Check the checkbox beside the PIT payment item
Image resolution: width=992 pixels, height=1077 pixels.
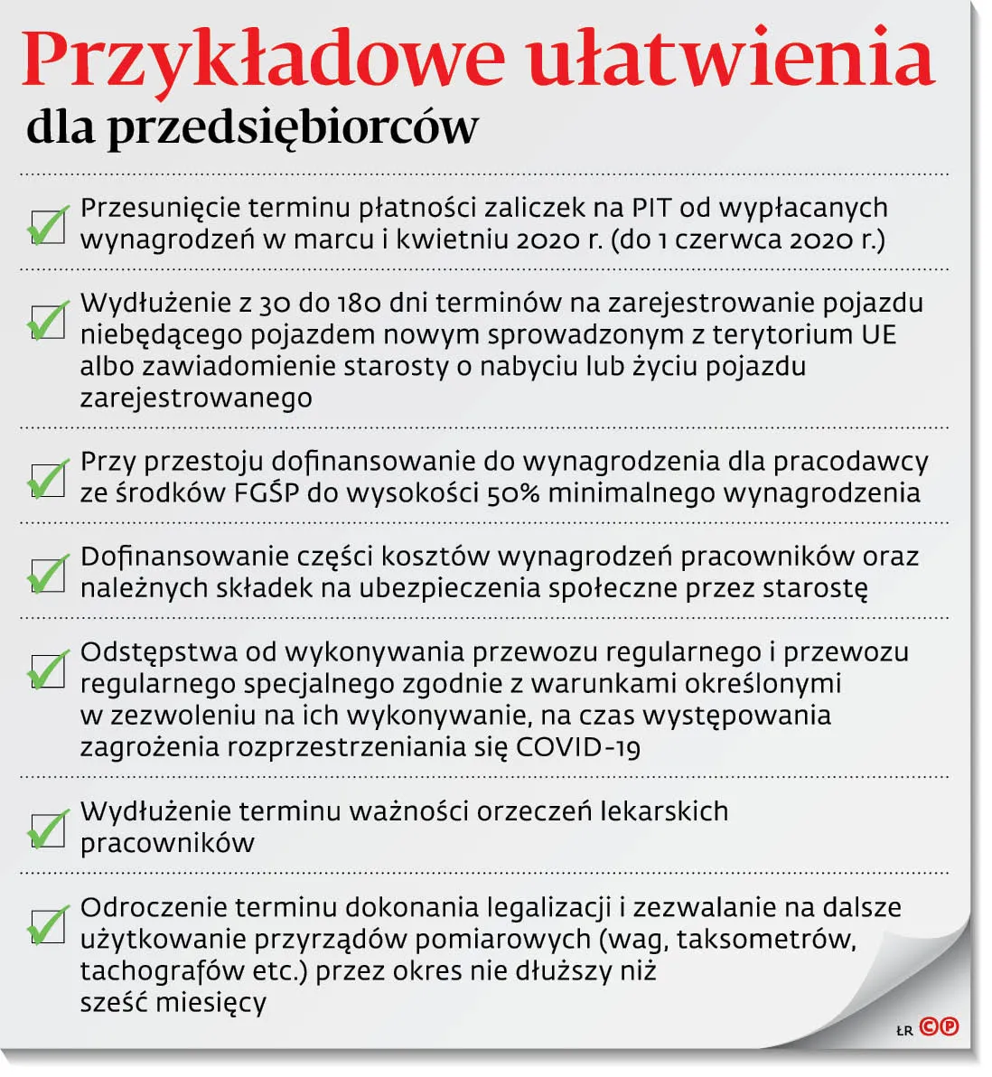tap(48, 226)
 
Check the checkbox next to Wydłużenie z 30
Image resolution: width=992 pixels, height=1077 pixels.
tap(48, 321)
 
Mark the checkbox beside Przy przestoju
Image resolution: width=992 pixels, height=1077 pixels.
tap(48, 480)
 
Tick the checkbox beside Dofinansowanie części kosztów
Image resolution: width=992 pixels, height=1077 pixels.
tap(48, 575)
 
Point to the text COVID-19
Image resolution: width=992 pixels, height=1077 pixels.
tap(578, 747)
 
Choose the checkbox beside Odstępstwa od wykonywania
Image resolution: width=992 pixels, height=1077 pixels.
tap(48, 670)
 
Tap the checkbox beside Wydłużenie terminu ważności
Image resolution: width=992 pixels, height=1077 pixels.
tap(48, 829)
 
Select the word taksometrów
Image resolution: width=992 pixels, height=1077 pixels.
tap(765, 940)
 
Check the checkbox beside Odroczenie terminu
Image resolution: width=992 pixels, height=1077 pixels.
tap(48, 925)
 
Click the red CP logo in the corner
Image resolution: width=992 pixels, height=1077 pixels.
tap(939, 1027)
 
